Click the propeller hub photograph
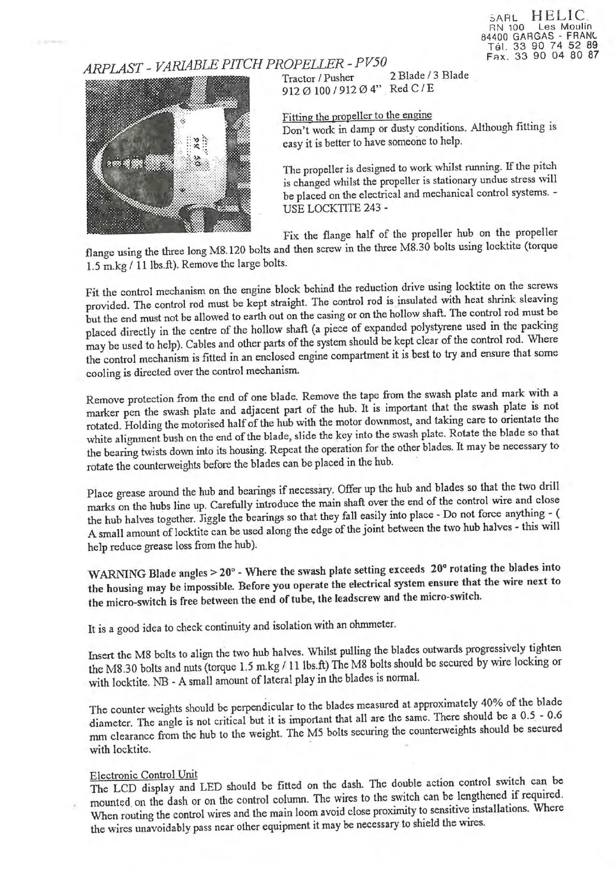168,153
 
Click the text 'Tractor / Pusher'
318,78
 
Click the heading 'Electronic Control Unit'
143,775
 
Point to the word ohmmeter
371,625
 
